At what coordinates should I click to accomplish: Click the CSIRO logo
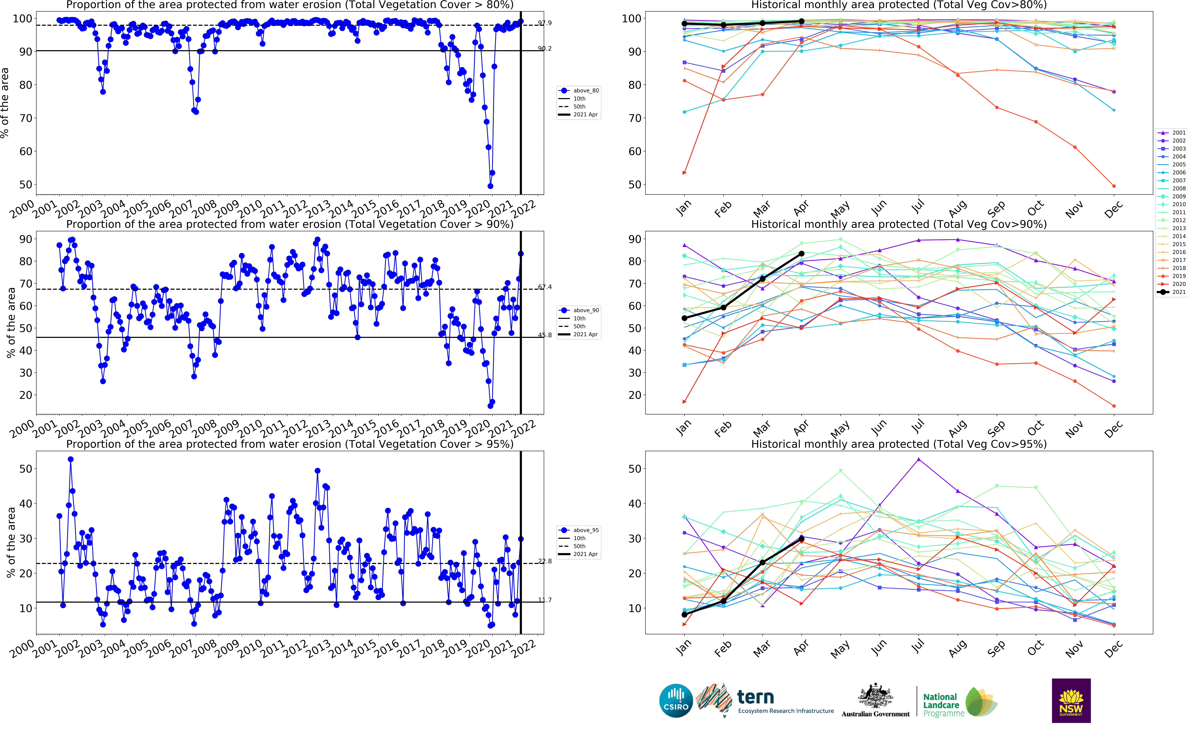point(676,701)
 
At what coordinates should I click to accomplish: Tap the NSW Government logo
point(1071,701)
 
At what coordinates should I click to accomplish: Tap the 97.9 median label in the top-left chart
point(545,23)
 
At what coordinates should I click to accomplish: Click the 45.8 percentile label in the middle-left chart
point(545,335)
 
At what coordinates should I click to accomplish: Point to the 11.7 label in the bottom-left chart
point(545,600)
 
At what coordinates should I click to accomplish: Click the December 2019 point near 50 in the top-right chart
point(1114,186)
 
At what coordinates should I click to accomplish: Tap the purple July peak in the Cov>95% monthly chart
point(919,459)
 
